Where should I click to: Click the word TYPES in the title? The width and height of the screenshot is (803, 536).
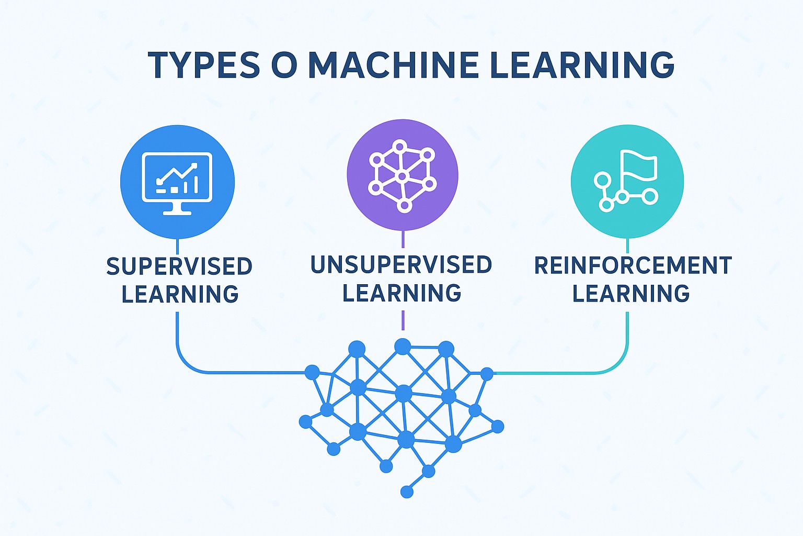point(204,65)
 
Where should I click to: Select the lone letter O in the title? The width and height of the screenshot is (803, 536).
point(284,65)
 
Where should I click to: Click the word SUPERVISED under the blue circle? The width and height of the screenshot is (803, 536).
point(179,266)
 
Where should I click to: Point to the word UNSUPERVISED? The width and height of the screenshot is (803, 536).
point(401,265)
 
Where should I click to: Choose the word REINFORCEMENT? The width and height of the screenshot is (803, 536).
point(633,265)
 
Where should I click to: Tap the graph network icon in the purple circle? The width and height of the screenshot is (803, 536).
point(402,176)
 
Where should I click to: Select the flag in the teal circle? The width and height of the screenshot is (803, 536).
point(639,165)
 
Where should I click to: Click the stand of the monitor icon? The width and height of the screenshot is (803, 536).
point(177,209)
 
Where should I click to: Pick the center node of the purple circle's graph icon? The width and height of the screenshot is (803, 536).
point(402,176)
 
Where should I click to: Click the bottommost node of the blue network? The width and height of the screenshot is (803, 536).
point(407,492)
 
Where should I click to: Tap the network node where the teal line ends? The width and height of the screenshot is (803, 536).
point(487,374)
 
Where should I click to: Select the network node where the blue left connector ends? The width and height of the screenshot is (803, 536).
point(312,372)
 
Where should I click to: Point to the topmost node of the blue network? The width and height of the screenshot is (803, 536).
point(403,346)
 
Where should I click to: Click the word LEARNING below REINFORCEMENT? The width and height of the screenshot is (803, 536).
point(631,294)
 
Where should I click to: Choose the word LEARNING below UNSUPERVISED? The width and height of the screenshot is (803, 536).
point(401,293)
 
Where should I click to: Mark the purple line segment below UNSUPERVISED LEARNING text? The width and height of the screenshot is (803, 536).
point(403,320)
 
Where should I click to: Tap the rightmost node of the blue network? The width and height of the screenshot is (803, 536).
point(498,427)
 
